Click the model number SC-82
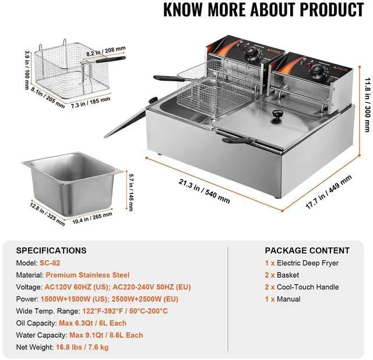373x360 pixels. click(50, 263)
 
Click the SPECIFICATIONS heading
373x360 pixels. click(51, 250)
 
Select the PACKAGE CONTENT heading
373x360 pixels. click(307, 250)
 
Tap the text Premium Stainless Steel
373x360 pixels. click(87, 275)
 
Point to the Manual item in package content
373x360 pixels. click(289, 299)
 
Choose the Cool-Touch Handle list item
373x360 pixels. click(308, 286)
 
